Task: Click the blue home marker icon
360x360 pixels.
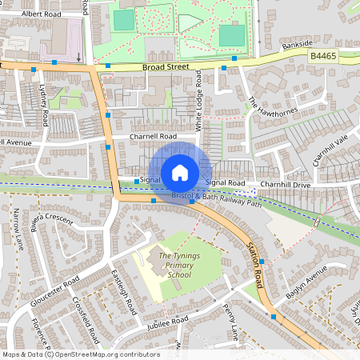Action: (180, 172)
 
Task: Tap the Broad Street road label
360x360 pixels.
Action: (169, 67)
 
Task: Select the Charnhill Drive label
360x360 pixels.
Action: (284, 184)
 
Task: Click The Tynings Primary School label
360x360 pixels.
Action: (174, 266)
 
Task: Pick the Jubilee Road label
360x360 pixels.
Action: (167, 321)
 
